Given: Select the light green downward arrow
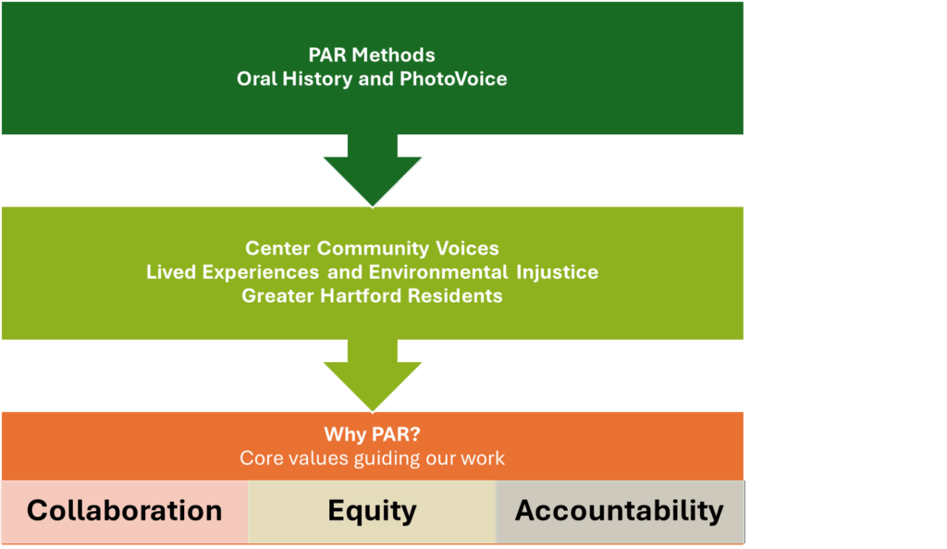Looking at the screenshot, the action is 373,376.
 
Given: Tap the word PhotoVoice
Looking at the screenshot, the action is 453,79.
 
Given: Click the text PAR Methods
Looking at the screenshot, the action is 372,55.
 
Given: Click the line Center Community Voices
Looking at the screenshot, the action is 372,248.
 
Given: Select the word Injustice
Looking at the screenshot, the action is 558,272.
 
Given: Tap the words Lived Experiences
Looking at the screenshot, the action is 232,272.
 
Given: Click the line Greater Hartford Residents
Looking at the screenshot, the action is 372,295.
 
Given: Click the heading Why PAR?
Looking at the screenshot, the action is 372,434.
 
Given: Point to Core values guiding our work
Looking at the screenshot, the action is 372,458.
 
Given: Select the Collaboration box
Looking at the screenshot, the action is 125,512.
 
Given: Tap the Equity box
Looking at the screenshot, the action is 372,512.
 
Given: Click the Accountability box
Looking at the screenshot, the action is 620,512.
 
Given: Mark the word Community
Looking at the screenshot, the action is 374,248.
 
